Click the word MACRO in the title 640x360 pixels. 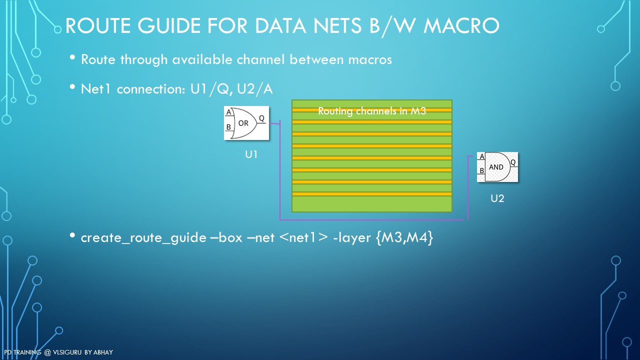point(461,25)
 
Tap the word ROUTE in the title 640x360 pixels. point(98,25)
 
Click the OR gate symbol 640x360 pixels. point(246,123)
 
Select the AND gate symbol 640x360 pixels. point(497,167)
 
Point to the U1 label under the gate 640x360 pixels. point(251,154)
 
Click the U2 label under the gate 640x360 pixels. point(497,198)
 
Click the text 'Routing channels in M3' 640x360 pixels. point(372,111)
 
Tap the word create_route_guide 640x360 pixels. point(143,237)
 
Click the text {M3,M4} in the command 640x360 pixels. point(404,237)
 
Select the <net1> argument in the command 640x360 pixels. point(303,237)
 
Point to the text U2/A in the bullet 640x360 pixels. point(254,89)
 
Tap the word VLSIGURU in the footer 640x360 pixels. point(67,352)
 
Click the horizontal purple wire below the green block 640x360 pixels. point(371,219)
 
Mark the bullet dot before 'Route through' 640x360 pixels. point(72,57)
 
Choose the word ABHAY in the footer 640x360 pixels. point(103,352)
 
